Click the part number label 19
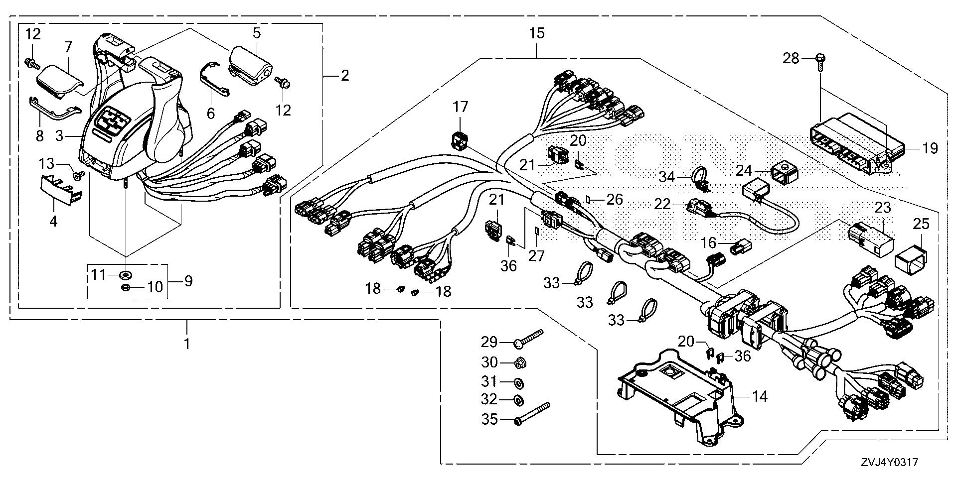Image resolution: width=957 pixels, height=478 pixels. pyautogui.click(x=930, y=148)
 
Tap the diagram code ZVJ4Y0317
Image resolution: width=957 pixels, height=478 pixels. pyautogui.click(x=888, y=462)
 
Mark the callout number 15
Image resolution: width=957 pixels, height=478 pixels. pyautogui.click(x=537, y=33)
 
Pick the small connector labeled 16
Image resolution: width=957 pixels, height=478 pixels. pyautogui.click(x=738, y=247)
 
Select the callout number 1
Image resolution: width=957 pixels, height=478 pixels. pyautogui.click(x=187, y=343)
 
